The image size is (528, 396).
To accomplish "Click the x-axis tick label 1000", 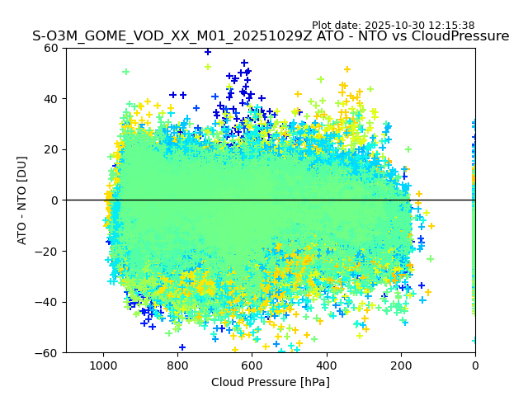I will point(103,365).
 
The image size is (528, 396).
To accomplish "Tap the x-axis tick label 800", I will point(177,365).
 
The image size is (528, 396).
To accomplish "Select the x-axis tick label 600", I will point(252,365).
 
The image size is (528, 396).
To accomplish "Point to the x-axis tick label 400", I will point(326,365).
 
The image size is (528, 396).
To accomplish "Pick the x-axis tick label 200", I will point(400,365).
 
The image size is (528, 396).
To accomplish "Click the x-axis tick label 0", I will point(474,365).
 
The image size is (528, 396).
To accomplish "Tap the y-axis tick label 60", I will point(49,48).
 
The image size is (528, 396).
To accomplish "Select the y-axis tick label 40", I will point(49,99).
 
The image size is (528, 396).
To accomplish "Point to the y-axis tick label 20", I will point(49,149).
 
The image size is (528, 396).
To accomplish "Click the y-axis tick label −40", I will point(46,302).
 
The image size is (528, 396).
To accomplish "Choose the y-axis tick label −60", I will point(46,352).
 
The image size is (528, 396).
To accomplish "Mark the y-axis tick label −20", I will point(46,251).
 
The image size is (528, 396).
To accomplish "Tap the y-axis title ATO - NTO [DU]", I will point(22,200).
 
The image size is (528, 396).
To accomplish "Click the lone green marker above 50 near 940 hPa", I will point(126,72).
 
